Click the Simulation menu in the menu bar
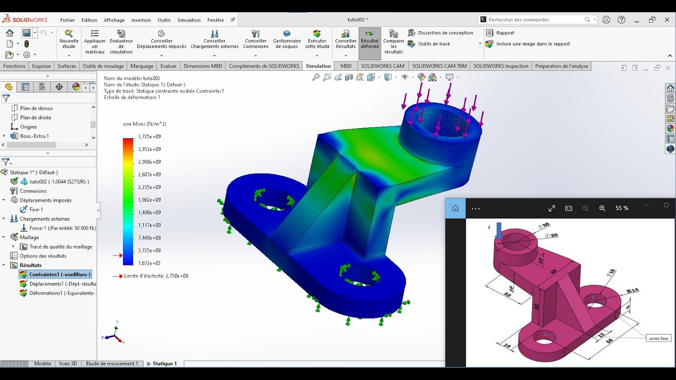189,20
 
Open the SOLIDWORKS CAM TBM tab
439,66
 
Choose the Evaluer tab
168,66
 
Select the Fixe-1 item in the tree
36,210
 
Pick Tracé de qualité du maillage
60,246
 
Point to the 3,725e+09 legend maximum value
149,137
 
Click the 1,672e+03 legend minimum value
149,263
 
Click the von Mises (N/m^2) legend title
144,124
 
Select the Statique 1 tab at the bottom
164,364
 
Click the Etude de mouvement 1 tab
111,364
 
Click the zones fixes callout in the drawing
658,338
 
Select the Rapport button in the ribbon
505,33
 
